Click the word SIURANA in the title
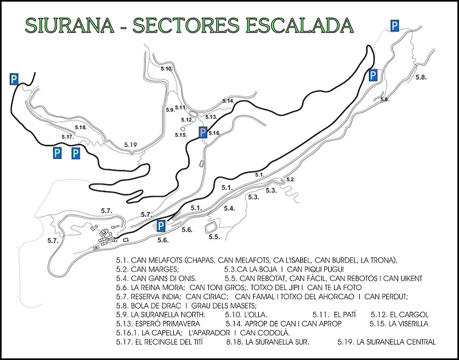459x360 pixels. coord(68,26)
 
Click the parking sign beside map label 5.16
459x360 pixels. coord(203,133)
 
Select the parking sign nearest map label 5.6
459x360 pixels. coord(161,225)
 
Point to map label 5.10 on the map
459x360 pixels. coord(166,69)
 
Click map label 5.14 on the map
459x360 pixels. coord(228,101)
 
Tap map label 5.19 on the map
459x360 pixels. coord(131,145)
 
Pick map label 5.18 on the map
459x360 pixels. coord(80,127)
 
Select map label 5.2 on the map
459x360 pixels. coord(290,180)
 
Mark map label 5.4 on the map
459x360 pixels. coord(229,208)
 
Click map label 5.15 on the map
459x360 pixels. coord(181,135)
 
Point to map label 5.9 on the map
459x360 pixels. coord(170,109)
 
